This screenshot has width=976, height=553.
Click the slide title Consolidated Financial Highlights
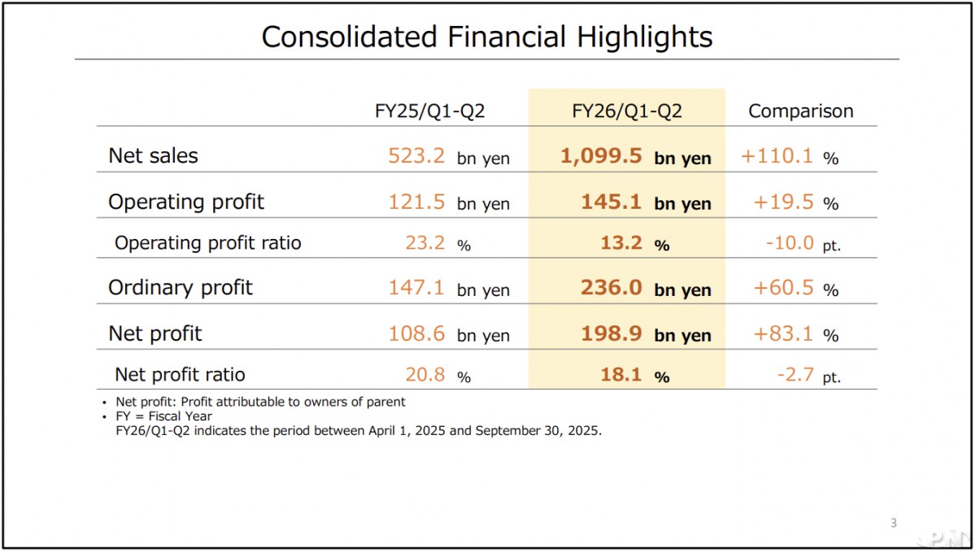point(486,37)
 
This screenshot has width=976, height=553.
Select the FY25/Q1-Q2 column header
point(429,111)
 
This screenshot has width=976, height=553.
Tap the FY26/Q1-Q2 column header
point(626,111)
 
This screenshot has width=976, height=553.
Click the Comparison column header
point(800,111)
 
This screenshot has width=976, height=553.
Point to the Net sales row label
point(153,156)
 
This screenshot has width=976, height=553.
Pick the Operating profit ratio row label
point(207,243)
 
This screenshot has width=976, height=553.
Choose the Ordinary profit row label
point(181,288)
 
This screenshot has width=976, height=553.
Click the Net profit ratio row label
point(180,374)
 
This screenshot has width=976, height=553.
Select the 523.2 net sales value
point(416,156)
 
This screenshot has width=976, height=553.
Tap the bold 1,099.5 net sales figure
point(601,156)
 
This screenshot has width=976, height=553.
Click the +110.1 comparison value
point(777,156)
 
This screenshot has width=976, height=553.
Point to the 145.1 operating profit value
point(612,202)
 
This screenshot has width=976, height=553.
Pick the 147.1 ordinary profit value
point(416,288)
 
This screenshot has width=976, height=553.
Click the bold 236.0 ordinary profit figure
point(612,288)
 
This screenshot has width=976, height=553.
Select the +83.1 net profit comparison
point(783,333)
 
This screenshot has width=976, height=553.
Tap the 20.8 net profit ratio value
point(425,374)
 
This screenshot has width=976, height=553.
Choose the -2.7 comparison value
point(797,374)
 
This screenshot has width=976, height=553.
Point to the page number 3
point(893,523)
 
